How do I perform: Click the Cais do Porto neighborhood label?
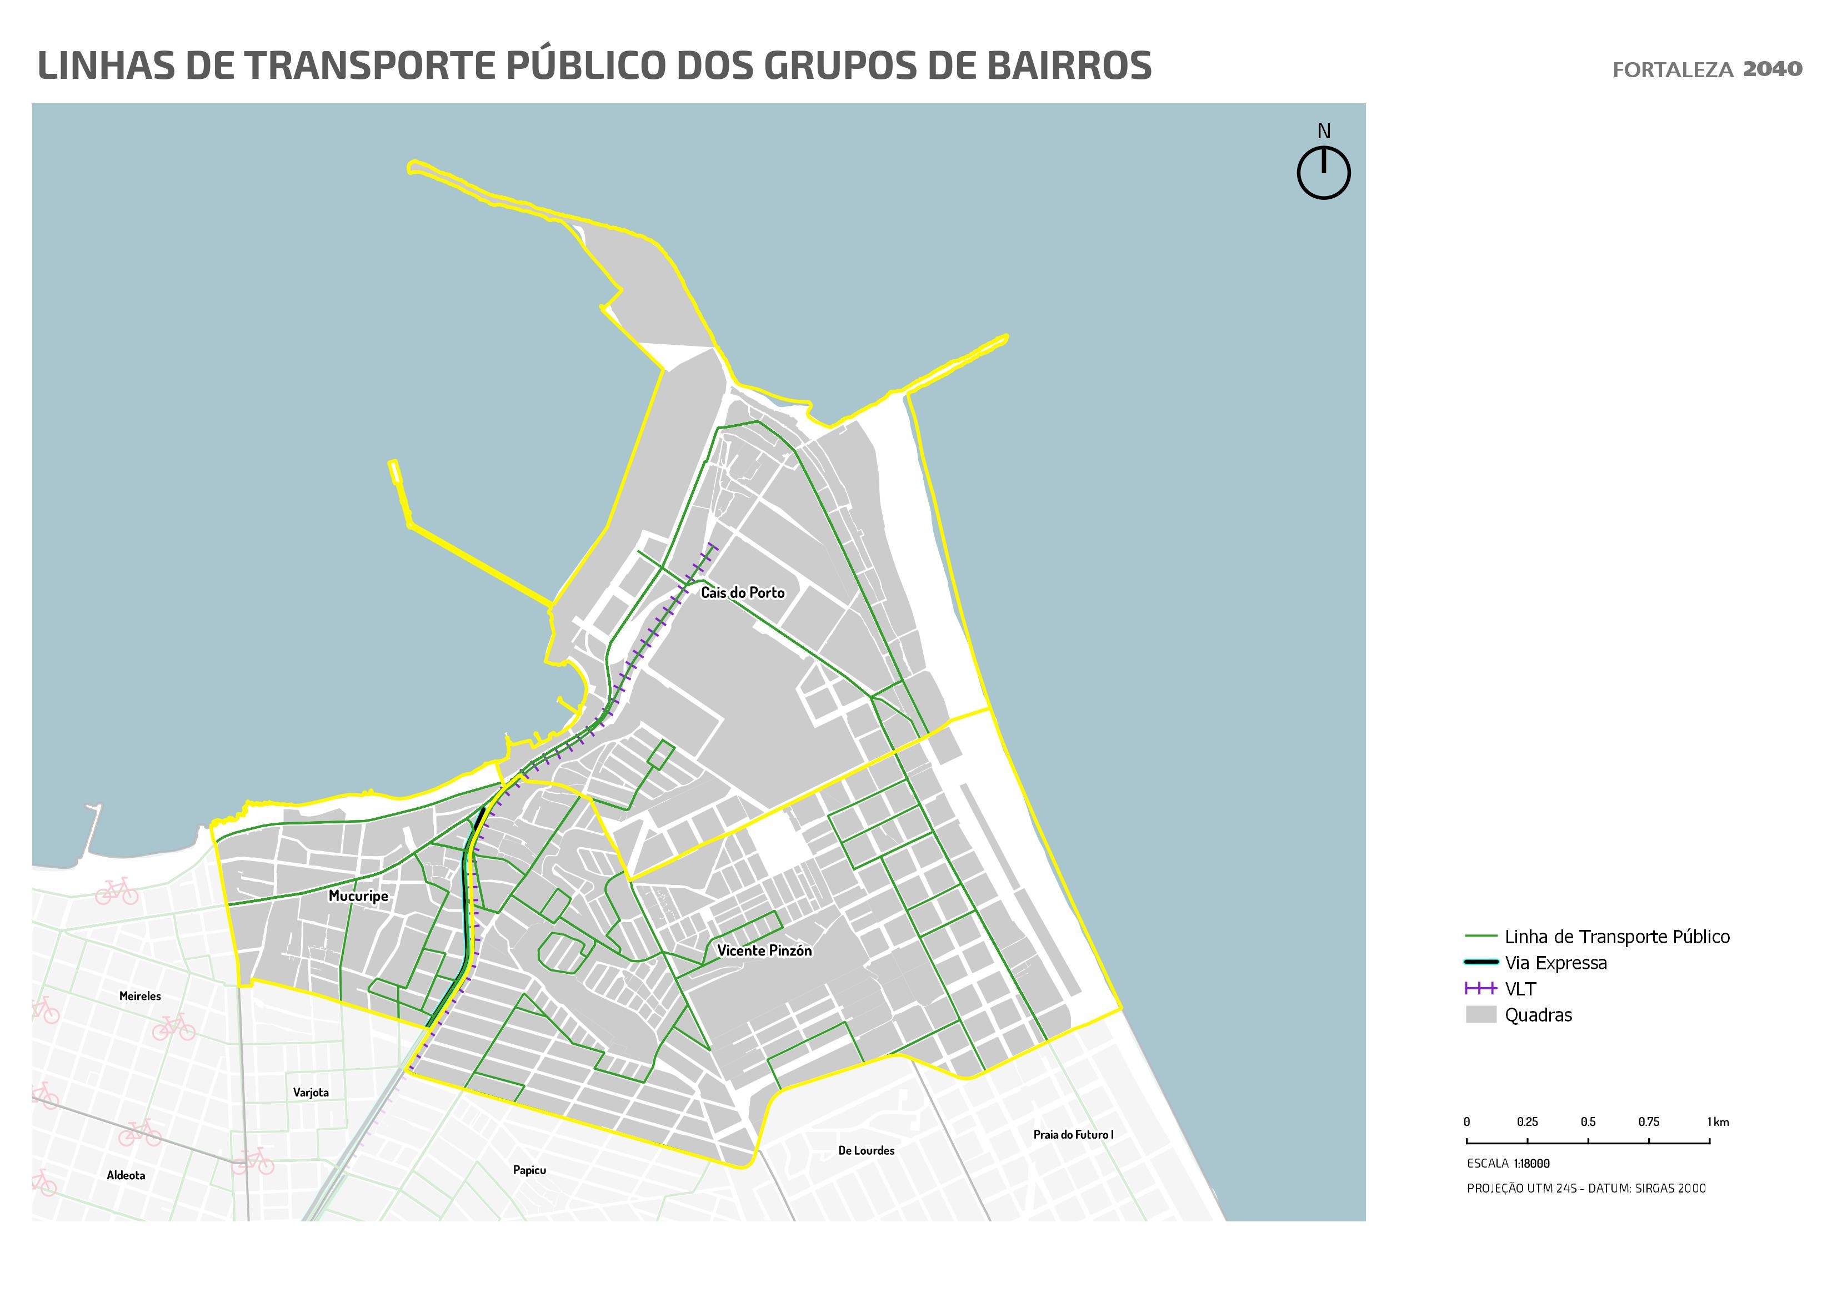point(743,592)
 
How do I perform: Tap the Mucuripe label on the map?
point(358,895)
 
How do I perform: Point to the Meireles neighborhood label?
point(140,995)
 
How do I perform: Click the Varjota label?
point(311,1093)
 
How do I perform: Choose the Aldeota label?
point(126,1175)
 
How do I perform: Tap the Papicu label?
point(529,1170)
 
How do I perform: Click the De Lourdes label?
point(867,1150)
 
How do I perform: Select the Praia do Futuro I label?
point(1073,1134)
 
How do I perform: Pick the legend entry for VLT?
point(1520,989)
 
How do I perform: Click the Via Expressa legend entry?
point(1555,963)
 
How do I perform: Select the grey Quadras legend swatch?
point(1481,1015)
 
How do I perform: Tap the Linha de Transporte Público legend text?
point(1616,937)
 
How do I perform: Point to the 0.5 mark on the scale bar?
point(1588,1122)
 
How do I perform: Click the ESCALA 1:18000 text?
point(1508,1164)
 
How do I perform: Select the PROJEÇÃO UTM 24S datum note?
point(1586,1189)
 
